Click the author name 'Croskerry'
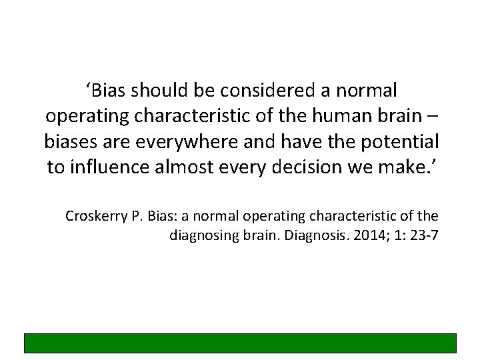(x=93, y=216)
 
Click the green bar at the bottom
(x=240, y=343)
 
